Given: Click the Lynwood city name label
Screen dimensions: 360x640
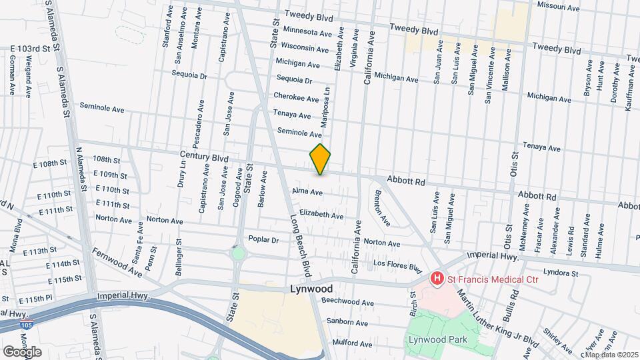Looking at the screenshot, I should point(311,289).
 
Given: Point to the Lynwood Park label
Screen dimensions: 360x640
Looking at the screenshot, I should point(437,339).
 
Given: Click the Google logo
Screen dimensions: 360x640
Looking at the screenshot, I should point(22,351).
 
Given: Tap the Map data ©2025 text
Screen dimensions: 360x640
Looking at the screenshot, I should point(611,354).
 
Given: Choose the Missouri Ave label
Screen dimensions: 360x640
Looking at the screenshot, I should point(559,7).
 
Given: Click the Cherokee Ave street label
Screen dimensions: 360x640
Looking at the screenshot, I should point(296,98).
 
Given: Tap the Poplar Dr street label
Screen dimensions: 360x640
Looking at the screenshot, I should point(262,239).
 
